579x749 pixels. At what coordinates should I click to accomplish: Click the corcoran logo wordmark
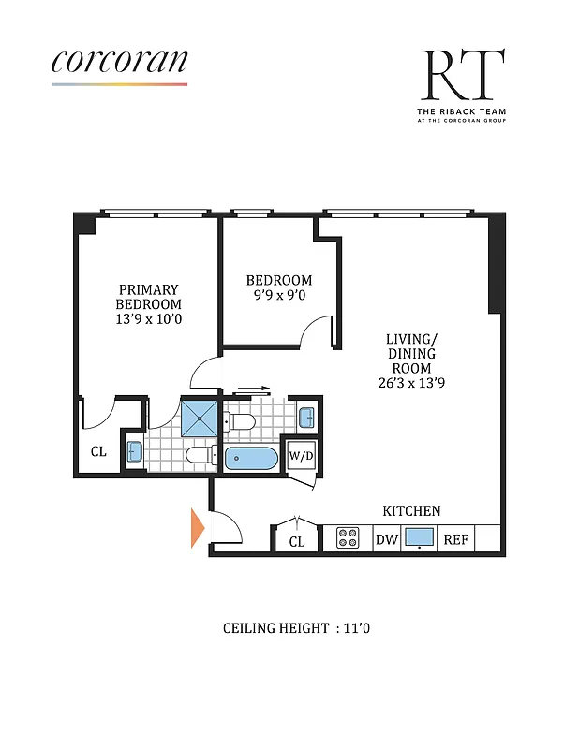point(119,61)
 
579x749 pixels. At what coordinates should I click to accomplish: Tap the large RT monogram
point(462,77)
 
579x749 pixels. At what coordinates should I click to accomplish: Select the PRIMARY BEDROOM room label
point(148,297)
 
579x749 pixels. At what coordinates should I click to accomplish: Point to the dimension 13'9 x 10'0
point(148,318)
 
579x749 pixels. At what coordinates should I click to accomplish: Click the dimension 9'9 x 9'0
point(278,296)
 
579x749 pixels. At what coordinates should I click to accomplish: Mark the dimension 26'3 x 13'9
point(411,382)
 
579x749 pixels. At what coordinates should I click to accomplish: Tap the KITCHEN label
point(411,511)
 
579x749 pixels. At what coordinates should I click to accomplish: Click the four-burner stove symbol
point(348,538)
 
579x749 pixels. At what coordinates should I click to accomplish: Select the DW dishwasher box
point(386,539)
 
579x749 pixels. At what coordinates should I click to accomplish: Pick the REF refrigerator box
point(456,539)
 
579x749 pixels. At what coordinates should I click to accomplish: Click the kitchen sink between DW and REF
point(418,538)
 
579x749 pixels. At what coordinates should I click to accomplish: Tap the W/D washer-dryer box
point(301,456)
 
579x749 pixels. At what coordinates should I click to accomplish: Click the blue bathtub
point(251,458)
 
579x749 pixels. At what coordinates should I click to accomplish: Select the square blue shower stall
point(199,418)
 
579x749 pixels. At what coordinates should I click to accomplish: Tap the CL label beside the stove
point(297,541)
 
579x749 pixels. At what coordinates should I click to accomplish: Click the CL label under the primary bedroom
point(98,451)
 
